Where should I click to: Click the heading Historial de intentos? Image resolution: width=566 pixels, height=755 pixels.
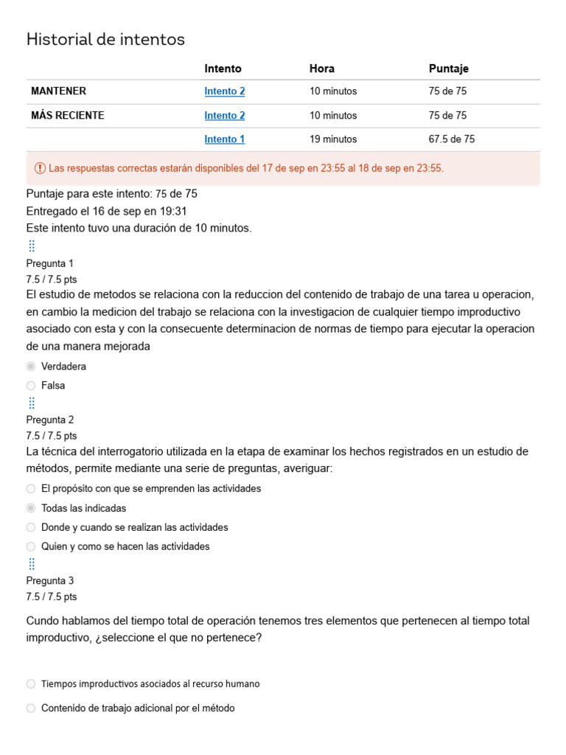105,40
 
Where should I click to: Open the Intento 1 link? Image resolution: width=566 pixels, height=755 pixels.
225,139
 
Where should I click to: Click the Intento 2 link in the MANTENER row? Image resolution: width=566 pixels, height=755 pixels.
225,91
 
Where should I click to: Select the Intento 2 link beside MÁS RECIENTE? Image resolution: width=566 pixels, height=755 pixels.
225,116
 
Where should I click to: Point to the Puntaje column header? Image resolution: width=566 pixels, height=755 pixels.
448,69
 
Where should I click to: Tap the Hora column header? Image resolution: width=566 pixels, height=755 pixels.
322,69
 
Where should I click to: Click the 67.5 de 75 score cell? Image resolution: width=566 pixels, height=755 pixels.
452,139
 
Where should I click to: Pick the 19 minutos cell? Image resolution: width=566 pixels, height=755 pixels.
333,139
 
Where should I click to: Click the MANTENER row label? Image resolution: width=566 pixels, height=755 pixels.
58,91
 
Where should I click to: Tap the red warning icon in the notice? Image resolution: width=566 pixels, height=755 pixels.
40,168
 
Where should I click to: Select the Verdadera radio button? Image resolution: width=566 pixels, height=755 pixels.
31,366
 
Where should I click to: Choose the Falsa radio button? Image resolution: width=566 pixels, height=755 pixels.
31,386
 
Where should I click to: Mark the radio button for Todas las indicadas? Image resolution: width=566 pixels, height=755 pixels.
31,508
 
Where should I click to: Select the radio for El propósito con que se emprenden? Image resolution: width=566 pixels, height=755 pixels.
31,489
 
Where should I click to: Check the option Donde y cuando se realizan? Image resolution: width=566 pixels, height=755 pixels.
31,527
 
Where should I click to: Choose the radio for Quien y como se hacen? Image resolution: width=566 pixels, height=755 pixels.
31,546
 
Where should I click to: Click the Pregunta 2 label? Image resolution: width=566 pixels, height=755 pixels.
50,420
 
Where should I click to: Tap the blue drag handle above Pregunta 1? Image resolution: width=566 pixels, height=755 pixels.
32,246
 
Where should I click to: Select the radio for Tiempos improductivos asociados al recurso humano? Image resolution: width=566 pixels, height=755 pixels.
31,684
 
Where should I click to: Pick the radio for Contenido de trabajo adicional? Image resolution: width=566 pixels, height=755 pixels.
31,709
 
